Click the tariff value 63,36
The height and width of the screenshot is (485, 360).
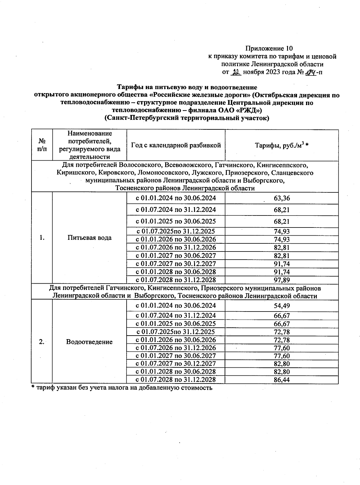[282, 198]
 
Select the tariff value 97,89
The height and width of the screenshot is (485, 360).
[282, 280]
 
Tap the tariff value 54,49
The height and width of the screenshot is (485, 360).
[282, 306]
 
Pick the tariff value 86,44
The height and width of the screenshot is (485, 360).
[282, 380]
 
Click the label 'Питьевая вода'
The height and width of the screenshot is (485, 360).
[89, 238]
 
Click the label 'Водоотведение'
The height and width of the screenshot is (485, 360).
[89, 342]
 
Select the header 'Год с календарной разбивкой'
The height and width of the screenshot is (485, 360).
[176, 145]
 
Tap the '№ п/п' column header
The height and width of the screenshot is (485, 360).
[42, 145]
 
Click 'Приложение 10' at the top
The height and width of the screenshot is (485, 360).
[269, 48]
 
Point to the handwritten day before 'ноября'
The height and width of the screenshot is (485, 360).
[237, 72]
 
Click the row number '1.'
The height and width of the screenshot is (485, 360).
[42, 238]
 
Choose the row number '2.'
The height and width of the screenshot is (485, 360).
[42, 342]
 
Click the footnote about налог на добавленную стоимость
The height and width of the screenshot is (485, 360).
[122, 388]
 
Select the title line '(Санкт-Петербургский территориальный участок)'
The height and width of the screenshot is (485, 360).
[187, 118]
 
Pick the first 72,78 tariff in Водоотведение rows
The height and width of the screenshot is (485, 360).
[282, 332]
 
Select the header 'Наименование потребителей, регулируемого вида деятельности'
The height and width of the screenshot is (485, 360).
[89, 145]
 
